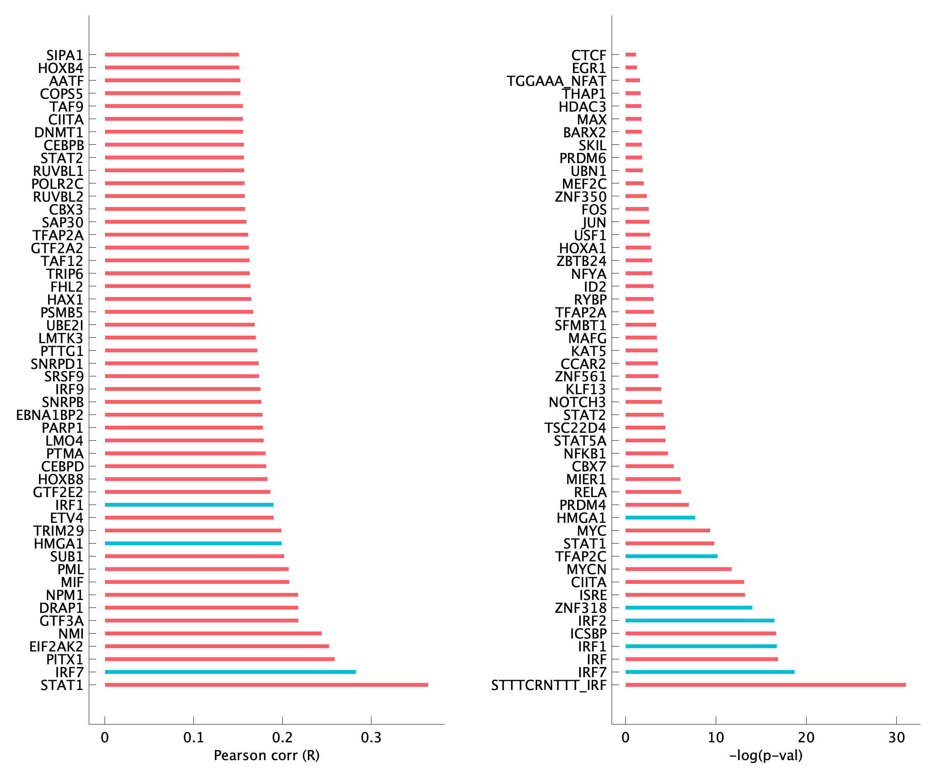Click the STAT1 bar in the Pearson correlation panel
click(x=266, y=685)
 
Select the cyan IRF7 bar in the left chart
click(x=230, y=672)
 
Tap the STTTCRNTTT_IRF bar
click(x=765, y=685)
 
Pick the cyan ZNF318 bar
click(x=688, y=608)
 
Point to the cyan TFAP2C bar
click(x=671, y=556)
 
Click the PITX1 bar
click(x=219, y=659)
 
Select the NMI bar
click(x=213, y=633)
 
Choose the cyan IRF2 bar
click(x=700, y=621)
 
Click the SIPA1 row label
click(x=65, y=55)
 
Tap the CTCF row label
click(x=588, y=55)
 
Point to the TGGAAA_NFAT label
click(x=556, y=81)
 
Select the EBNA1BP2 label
click(x=50, y=415)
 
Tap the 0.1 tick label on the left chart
click(x=194, y=737)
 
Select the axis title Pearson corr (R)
click(x=267, y=756)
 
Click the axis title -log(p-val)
click(x=766, y=756)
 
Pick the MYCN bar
click(x=678, y=569)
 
